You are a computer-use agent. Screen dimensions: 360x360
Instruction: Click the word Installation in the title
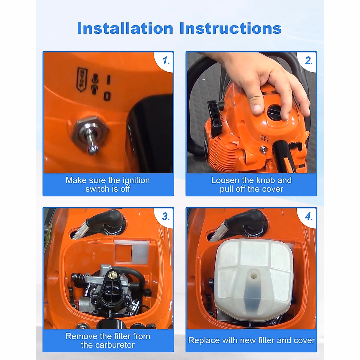pyautogui.click(x=125, y=28)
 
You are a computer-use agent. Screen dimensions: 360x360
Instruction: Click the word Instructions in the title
pyautogui.click(x=230, y=28)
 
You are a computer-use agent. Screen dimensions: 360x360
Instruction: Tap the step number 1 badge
pyautogui.click(x=166, y=61)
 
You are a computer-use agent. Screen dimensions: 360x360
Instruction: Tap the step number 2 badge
pyautogui.click(x=309, y=61)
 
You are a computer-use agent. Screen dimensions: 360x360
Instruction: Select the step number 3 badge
pyautogui.click(x=166, y=217)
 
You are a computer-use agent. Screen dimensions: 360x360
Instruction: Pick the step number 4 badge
pyautogui.click(x=309, y=217)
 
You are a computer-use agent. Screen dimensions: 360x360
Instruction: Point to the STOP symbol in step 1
pyautogui.click(x=82, y=79)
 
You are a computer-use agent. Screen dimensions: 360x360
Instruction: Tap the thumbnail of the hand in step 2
pyautogui.click(x=257, y=109)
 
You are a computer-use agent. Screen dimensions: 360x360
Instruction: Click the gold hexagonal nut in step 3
pyautogui.click(x=113, y=275)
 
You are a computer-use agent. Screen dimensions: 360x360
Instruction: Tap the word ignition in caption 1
pyautogui.click(x=136, y=181)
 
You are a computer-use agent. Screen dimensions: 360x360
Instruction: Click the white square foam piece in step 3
pyautogui.click(x=132, y=251)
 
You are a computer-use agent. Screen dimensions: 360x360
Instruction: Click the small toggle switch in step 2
pyautogui.click(x=264, y=150)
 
